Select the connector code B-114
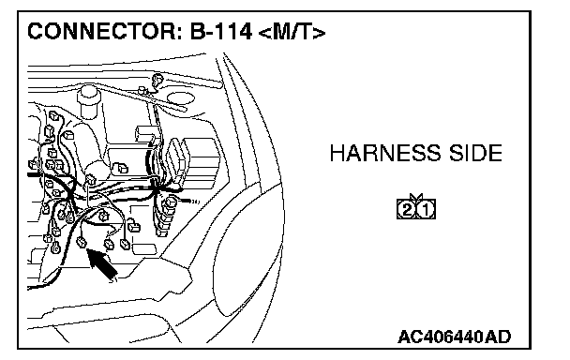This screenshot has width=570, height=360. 221,31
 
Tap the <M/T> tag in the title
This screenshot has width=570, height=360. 292,32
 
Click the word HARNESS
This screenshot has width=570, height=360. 385,153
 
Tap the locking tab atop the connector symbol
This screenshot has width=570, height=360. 416,197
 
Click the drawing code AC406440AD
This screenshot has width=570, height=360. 455,337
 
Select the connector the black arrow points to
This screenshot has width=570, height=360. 82,242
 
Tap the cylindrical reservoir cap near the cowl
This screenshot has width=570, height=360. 88,96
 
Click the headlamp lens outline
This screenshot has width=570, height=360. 248,251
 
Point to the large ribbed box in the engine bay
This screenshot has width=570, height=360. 198,160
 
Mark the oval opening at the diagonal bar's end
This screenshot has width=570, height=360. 181,97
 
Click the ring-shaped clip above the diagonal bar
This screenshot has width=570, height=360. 157,79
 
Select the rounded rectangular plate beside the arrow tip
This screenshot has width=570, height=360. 144,249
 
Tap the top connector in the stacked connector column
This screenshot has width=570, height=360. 170,202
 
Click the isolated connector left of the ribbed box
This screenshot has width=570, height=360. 121,168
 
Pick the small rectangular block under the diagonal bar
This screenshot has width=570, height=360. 145,133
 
